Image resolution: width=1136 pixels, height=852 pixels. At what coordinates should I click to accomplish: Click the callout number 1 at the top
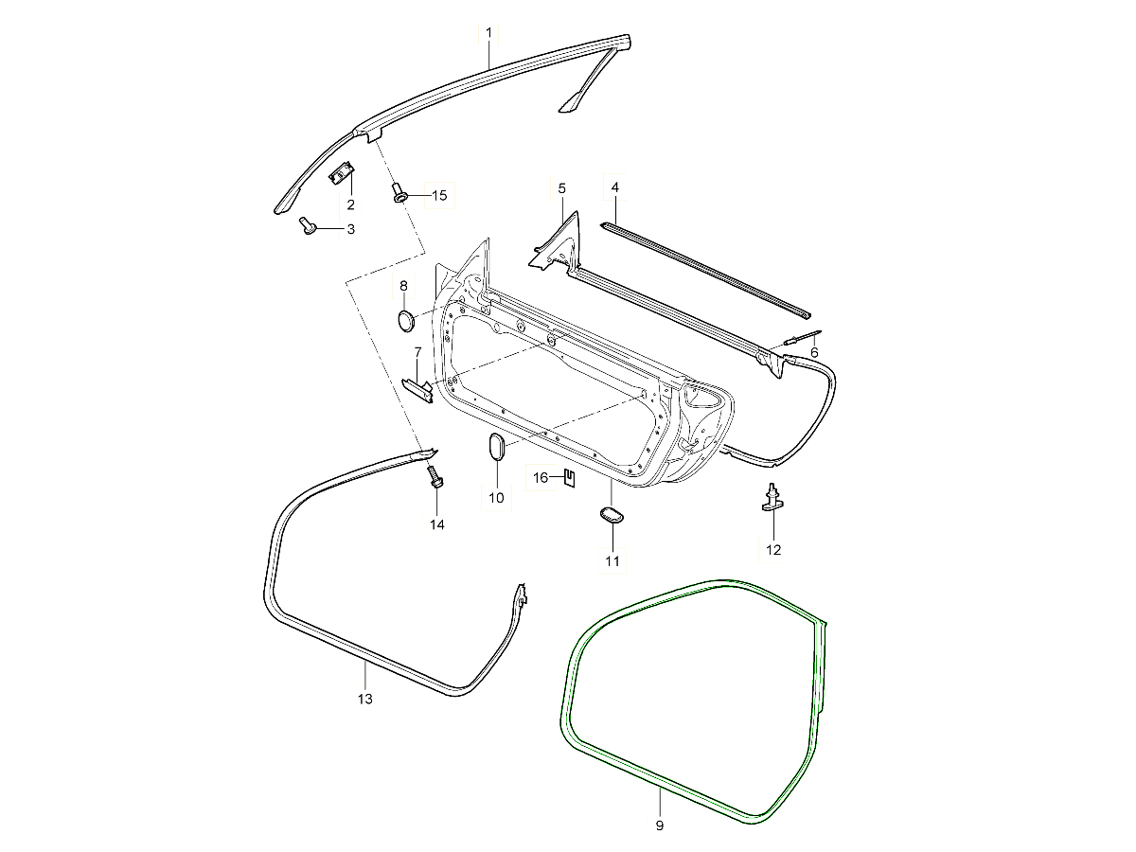(488, 33)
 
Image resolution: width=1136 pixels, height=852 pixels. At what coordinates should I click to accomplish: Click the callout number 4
(614, 187)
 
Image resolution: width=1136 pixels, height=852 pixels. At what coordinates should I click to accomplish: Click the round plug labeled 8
(405, 320)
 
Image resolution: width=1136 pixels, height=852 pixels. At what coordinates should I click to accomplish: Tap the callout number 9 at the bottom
(659, 825)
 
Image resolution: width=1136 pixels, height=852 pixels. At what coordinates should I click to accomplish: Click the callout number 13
(365, 699)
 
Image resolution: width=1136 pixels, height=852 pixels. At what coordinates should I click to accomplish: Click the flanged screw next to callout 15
(399, 194)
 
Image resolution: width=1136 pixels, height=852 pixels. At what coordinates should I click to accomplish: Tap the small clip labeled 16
(568, 477)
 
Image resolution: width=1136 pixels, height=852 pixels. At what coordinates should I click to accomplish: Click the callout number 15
(438, 195)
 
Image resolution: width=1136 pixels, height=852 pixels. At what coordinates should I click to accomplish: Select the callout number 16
(540, 478)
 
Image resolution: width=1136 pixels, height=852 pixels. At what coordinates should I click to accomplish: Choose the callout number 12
(773, 549)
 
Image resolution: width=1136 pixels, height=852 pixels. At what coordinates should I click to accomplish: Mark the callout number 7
(417, 352)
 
